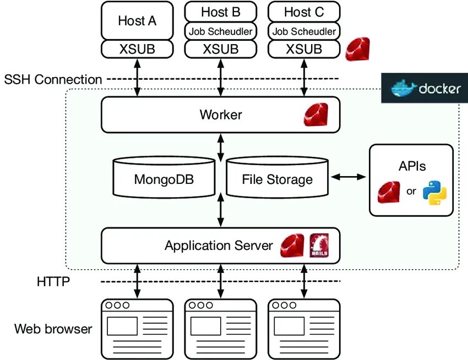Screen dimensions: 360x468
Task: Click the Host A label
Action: point(137,21)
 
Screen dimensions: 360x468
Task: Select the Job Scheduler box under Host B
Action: point(220,31)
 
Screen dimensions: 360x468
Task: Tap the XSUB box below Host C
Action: point(303,48)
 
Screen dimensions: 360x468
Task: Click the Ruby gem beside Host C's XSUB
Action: point(358,50)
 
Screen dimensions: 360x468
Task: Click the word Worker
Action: point(220,115)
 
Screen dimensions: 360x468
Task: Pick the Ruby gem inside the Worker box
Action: point(315,115)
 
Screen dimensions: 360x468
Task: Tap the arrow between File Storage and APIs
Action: point(349,177)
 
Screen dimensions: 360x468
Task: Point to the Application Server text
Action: point(219,246)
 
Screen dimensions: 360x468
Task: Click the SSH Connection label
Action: point(53,79)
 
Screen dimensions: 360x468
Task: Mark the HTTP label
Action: point(53,282)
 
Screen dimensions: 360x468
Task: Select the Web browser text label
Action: point(53,329)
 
